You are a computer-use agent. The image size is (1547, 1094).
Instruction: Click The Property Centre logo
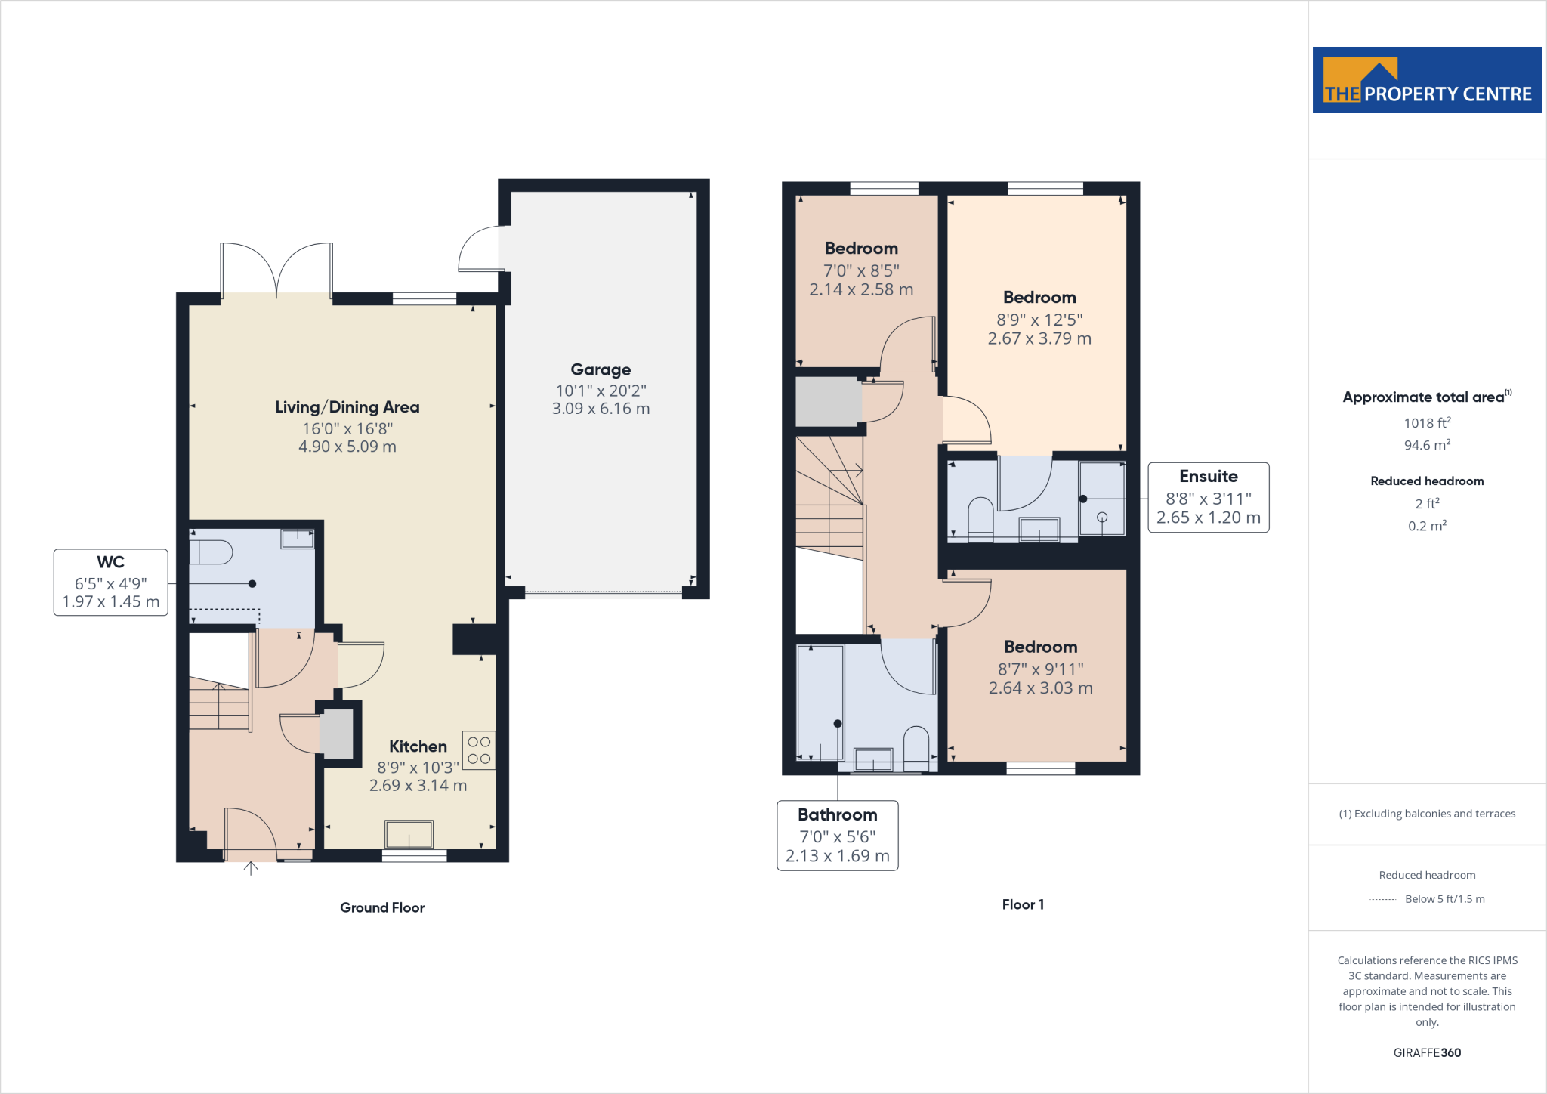[1426, 80]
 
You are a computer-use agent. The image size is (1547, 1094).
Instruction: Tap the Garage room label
[601, 369]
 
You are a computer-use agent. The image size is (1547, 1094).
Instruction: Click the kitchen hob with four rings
[479, 750]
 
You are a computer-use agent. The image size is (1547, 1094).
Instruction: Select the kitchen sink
[409, 835]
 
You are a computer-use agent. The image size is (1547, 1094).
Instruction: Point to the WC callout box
[111, 582]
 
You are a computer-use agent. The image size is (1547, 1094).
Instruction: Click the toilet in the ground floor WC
[211, 552]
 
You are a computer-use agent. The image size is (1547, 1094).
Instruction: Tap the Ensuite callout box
[1208, 497]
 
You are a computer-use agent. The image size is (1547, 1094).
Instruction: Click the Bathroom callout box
[837, 835]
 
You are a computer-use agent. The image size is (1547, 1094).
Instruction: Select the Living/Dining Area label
[347, 407]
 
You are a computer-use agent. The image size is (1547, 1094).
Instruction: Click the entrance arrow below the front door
[251, 869]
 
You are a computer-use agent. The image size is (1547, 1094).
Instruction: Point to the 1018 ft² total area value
[1427, 423]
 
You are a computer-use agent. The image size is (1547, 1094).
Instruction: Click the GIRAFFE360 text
[1427, 1052]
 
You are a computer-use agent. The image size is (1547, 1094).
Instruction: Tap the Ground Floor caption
[382, 907]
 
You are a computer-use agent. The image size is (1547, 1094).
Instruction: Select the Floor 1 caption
[1023, 904]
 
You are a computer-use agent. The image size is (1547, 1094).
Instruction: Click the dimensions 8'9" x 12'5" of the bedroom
[1039, 320]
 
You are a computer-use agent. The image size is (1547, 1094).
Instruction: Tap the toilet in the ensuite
[980, 518]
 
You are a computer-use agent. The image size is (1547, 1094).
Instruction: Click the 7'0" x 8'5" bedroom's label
[861, 249]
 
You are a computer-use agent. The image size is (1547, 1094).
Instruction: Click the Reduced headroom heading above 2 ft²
[1427, 481]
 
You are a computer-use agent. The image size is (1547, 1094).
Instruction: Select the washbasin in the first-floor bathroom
[873, 759]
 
